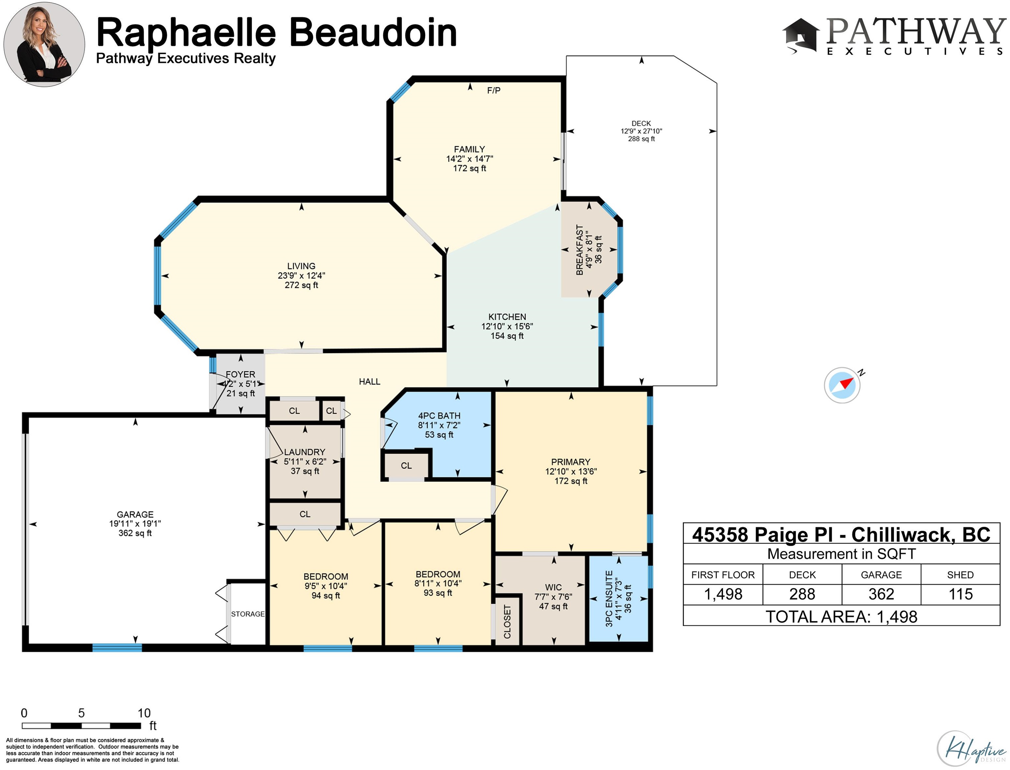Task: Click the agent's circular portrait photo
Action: [x=44, y=44]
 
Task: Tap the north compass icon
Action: [x=842, y=385]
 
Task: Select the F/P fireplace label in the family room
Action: [x=494, y=90]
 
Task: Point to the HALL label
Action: [x=369, y=381]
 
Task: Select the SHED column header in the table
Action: [x=961, y=575]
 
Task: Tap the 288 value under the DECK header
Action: [x=802, y=594]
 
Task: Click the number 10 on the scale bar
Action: [x=144, y=713]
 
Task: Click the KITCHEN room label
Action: [x=507, y=317]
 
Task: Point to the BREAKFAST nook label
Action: [x=580, y=250]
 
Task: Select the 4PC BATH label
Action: [x=439, y=416]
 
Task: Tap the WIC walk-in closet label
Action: [x=553, y=587]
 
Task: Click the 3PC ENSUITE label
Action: [x=609, y=599]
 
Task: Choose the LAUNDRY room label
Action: [x=305, y=452]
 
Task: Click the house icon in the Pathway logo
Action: [x=800, y=36]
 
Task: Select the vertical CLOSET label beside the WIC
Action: [x=507, y=622]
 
